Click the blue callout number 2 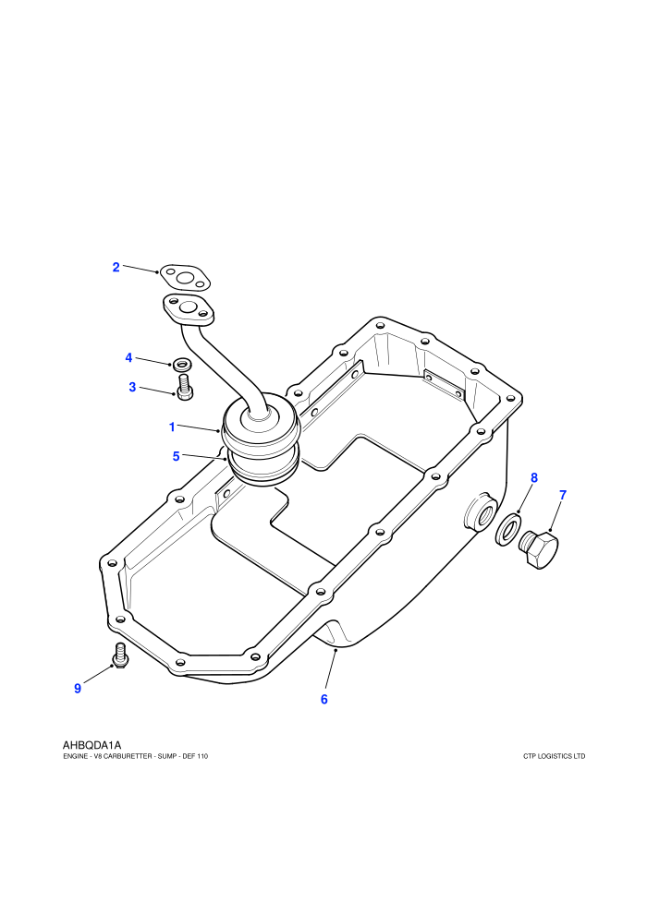[x=116, y=267]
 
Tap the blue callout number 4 [x=128, y=357]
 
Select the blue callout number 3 [x=132, y=387]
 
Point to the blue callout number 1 [x=172, y=427]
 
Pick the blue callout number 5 [x=177, y=456]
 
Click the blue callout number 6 [x=324, y=699]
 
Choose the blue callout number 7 [x=563, y=495]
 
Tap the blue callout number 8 [x=534, y=478]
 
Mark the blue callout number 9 [x=78, y=689]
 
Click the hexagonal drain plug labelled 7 [x=539, y=549]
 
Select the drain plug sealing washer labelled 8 [x=508, y=529]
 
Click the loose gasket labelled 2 [x=185, y=279]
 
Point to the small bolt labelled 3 [x=184, y=388]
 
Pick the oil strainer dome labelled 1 [x=261, y=432]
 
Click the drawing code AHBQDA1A [x=92, y=745]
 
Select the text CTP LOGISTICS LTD [x=555, y=757]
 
